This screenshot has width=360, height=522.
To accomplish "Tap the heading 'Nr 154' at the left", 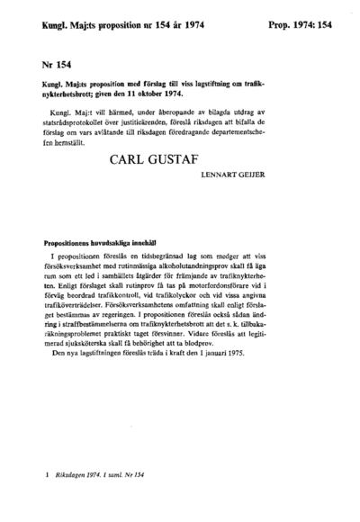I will coord(57,67).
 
